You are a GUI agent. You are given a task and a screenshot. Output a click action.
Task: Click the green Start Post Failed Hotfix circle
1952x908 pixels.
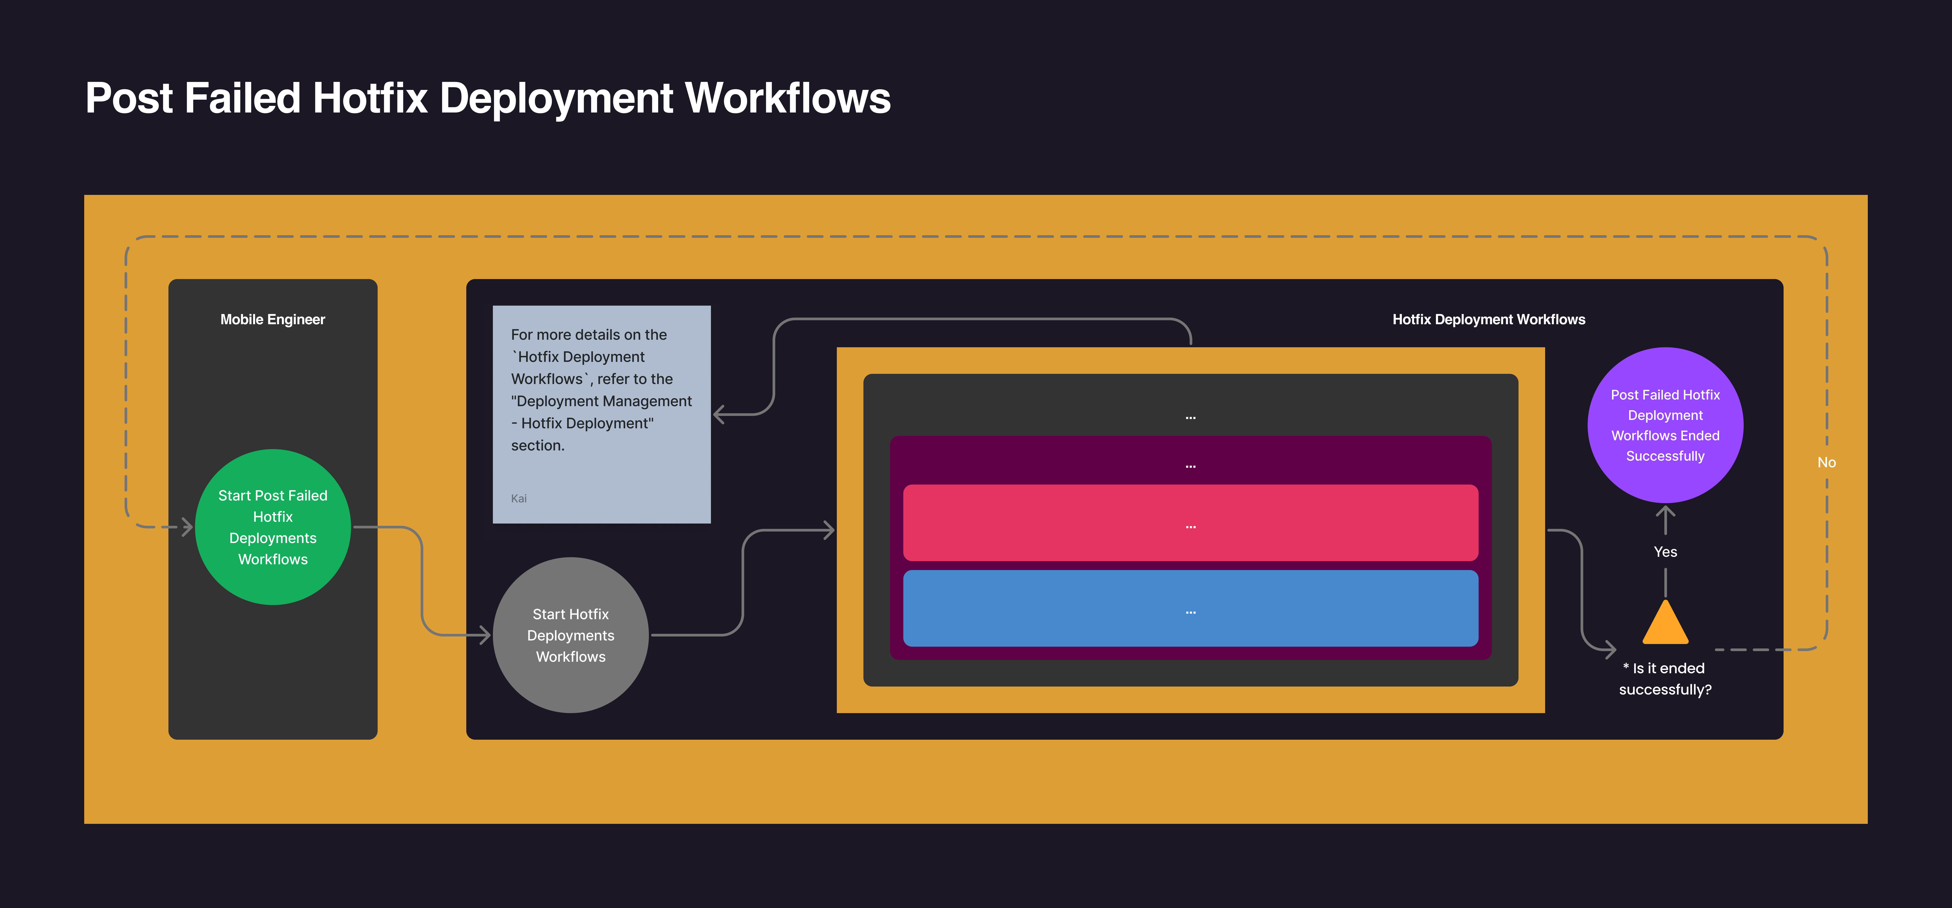pos(273,527)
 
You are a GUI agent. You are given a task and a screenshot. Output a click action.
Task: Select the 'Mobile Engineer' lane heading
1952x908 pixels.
pos(273,320)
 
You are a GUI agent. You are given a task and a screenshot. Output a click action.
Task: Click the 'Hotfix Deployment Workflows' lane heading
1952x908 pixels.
pos(1488,320)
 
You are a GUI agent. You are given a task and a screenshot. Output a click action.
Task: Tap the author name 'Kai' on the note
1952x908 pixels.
pos(519,498)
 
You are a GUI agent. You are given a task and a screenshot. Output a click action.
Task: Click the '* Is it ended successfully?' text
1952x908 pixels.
pos(1665,679)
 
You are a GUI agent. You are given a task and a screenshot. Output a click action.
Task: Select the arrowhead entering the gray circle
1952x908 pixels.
pos(485,635)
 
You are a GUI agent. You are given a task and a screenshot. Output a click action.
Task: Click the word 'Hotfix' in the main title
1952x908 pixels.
pos(370,99)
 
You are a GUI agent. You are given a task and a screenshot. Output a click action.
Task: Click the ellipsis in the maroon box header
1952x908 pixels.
pos(1191,466)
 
